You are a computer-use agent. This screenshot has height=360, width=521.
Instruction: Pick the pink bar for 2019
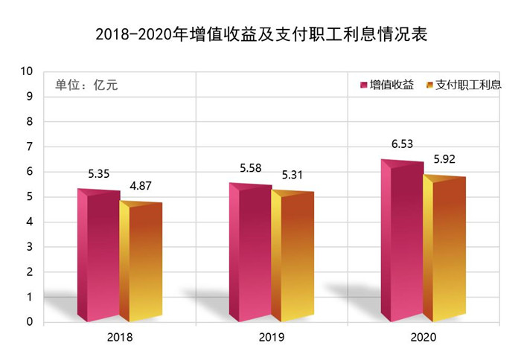coord(250,253)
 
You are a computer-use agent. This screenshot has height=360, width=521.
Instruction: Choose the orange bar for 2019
coord(293,257)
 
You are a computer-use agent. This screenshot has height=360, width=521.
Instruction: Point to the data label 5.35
coord(98,174)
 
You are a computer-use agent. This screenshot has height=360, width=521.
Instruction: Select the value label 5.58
coord(251,169)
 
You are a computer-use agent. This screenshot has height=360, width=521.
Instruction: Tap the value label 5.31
coord(292,176)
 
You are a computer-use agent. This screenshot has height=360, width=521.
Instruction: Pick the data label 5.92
coord(444,158)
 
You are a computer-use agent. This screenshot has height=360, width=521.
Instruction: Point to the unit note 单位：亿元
coord(86,85)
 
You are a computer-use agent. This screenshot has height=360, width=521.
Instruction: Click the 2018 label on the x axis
coord(120,338)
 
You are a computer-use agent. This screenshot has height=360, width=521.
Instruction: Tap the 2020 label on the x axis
coord(423,338)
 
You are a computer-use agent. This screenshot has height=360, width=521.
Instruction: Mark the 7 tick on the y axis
coord(30,147)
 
